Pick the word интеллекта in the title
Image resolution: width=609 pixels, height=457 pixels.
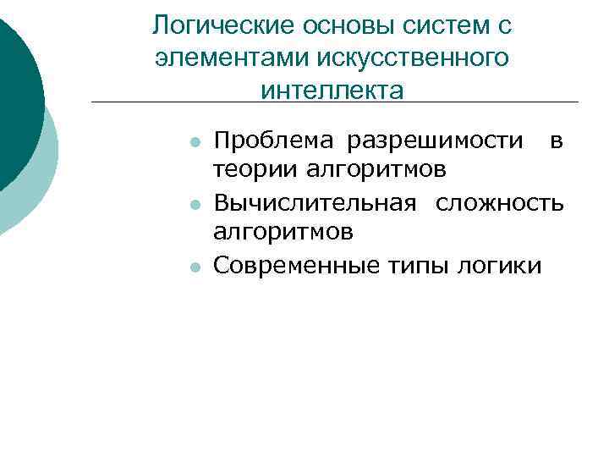pyautogui.click(x=332, y=89)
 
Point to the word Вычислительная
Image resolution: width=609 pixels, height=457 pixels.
pyautogui.click(x=315, y=202)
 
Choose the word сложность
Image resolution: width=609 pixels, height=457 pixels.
pyautogui.click(x=499, y=202)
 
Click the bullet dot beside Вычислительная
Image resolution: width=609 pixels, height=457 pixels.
pyautogui.click(x=195, y=205)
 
